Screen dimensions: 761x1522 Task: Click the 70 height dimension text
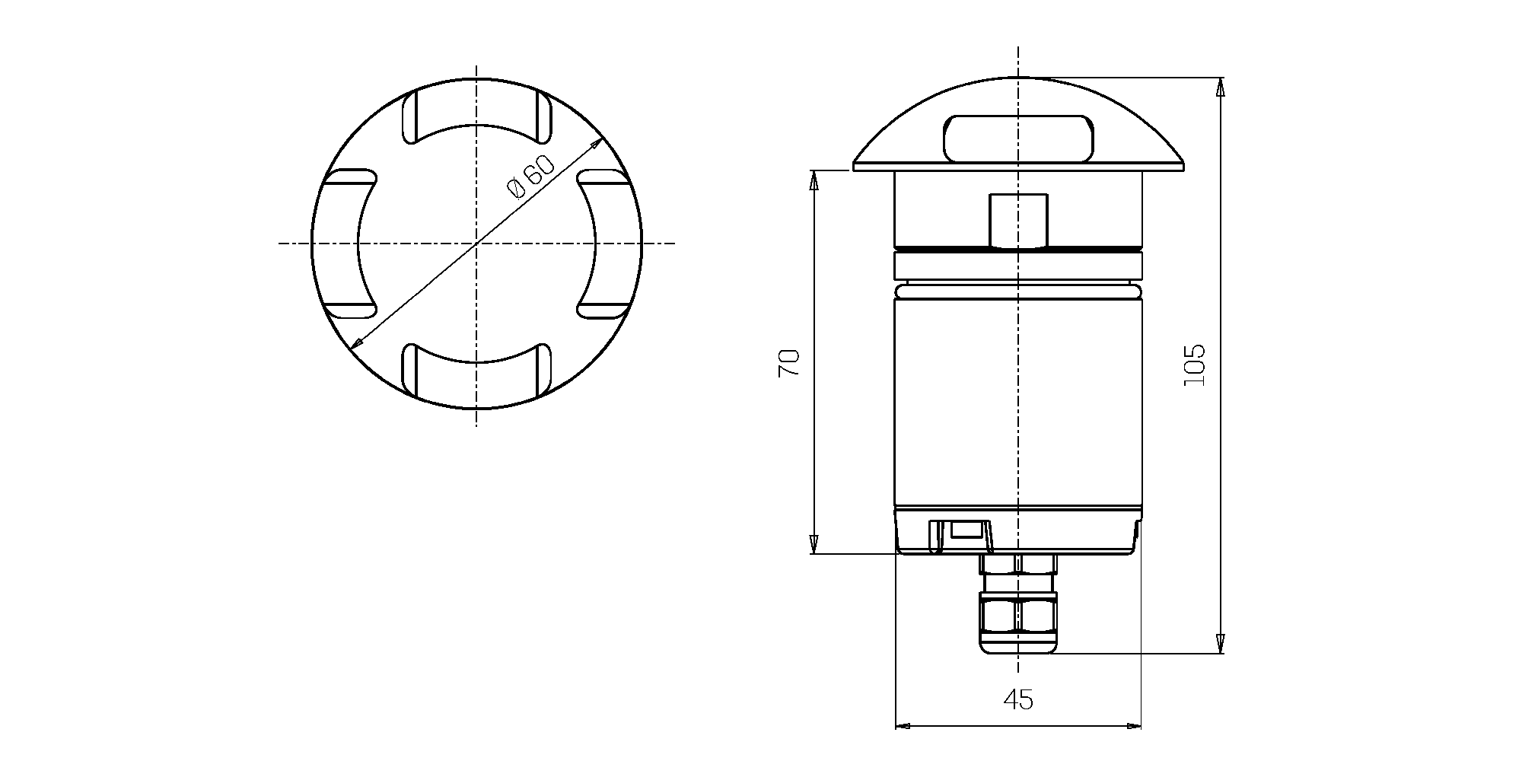click(x=789, y=363)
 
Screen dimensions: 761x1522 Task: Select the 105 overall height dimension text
click(x=1195, y=365)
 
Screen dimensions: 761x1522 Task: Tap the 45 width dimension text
click(x=1018, y=699)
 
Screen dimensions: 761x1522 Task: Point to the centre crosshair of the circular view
click(x=476, y=244)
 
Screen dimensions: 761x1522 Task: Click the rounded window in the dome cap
click(x=1017, y=138)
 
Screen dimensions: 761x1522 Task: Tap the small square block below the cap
click(x=1017, y=221)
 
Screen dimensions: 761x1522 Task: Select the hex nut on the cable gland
click(x=1017, y=614)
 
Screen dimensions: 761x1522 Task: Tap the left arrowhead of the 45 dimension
click(x=903, y=725)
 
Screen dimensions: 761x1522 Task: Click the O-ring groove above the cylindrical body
click(x=1017, y=291)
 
